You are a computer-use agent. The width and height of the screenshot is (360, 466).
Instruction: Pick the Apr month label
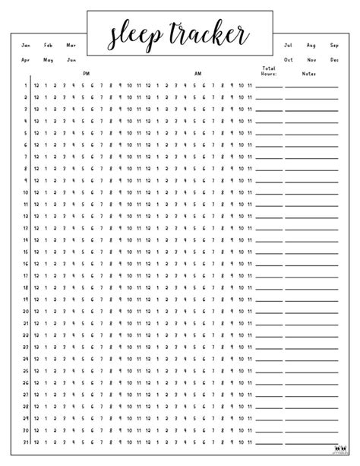26,59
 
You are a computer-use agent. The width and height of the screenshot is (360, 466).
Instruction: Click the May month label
49,59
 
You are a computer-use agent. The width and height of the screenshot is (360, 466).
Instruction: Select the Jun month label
71,59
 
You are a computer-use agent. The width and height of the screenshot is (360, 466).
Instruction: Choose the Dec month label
334,59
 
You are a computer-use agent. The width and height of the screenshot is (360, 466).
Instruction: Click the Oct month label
289,59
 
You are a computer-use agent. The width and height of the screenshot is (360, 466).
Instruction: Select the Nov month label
311,59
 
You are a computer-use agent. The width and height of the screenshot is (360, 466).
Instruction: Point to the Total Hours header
269,71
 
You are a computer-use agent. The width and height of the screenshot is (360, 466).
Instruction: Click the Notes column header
308,74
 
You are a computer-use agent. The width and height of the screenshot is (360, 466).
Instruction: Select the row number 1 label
26,85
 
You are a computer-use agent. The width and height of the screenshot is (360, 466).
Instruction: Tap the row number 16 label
25,265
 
